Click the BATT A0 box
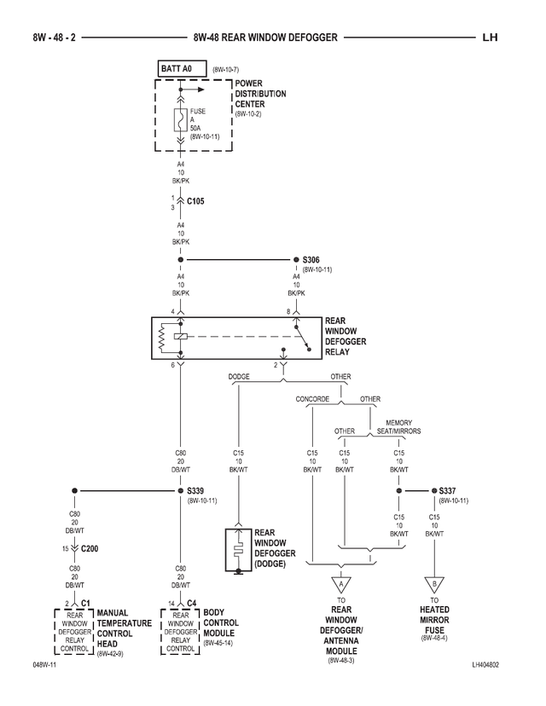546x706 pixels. click(182, 67)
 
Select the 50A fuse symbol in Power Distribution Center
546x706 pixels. click(181, 119)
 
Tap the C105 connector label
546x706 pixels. click(195, 202)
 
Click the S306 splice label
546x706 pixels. click(311, 259)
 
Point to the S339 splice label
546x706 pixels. click(196, 491)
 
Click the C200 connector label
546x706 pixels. click(90, 548)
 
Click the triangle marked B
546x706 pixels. click(434, 587)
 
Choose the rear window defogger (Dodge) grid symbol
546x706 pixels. click(239, 549)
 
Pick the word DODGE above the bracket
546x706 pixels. click(239, 376)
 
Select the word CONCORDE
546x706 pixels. click(312, 399)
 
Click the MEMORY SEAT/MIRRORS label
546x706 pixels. click(398, 426)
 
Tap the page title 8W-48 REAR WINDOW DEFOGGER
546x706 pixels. click(265, 38)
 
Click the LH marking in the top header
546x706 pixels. click(490, 38)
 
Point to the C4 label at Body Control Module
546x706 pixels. click(192, 602)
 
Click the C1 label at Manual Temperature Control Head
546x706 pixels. click(86, 602)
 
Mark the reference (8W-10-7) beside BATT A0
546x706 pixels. click(226, 68)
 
